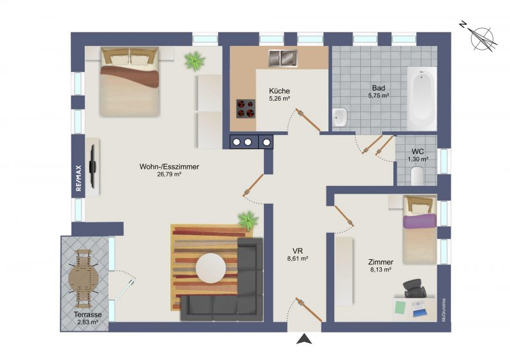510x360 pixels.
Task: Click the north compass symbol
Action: pos(480,36)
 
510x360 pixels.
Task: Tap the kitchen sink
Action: pos(282,58)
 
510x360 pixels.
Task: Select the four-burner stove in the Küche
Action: pos(245,108)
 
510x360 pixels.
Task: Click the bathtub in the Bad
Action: pos(422,99)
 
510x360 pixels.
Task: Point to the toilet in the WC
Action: pos(417,176)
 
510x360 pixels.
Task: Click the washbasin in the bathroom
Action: pos(340,117)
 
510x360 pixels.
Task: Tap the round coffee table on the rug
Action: pos(211,268)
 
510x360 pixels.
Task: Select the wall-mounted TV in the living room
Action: pos(93,166)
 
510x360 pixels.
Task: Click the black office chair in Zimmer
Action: pos(414,288)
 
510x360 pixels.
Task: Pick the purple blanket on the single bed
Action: pos(419,221)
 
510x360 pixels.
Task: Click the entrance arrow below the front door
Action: pos(304,339)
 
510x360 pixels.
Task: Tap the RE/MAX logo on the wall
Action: pos(78,178)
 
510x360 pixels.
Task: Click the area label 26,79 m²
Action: pos(169,175)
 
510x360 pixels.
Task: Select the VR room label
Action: pos(298,251)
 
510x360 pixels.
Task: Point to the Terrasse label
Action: pos(87,315)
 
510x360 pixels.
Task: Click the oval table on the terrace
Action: pos(84,278)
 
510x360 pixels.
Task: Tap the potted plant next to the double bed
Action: pos(194,61)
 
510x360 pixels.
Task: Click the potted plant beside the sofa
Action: pos(248,220)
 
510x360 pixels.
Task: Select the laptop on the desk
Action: pos(419,309)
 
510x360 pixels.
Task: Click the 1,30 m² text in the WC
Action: pos(418,159)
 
